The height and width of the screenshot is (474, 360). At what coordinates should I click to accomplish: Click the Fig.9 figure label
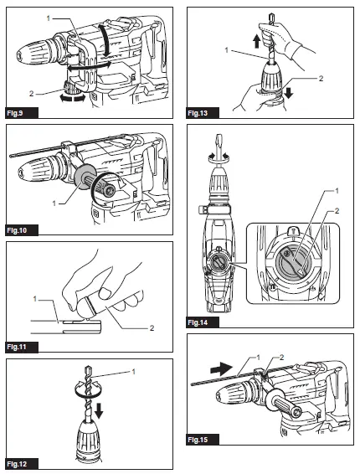(19, 111)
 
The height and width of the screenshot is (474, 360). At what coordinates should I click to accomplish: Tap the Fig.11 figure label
(21, 346)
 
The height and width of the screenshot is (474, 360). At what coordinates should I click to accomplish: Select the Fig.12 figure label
(21, 463)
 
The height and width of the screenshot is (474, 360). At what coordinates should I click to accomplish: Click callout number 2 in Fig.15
(282, 358)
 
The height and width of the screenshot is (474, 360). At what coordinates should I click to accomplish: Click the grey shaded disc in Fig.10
(85, 183)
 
